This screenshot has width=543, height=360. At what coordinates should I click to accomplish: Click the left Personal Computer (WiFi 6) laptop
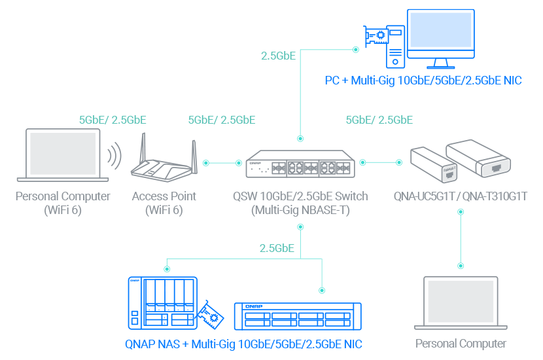(64, 154)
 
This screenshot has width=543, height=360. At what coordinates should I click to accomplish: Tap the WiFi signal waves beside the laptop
(115, 156)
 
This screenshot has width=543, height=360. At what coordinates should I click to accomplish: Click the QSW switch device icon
(299, 164)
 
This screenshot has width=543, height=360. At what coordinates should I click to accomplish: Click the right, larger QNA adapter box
(478, 158)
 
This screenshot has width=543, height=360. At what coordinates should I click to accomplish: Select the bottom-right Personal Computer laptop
(461, 304)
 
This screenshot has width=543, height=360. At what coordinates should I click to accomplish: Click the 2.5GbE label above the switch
(278, 56)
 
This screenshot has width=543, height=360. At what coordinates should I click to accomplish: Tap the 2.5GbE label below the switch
(277, 249)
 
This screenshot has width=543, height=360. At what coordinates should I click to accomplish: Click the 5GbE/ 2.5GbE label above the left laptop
(113, 120)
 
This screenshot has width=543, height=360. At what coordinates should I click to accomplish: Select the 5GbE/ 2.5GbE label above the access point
(221, 120)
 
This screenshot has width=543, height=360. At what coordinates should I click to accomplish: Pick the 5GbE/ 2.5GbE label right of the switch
(379, 120)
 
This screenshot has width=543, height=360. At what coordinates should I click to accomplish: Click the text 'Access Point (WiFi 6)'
(164, 203)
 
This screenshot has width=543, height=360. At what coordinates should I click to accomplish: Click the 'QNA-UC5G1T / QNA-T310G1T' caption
(461, 196)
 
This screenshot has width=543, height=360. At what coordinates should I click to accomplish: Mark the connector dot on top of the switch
(300, 138)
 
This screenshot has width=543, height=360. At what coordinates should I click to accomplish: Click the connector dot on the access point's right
(206, 163)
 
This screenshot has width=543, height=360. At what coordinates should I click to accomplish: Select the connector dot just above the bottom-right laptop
(461, 266)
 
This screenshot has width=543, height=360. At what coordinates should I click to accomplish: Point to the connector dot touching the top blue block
(356, 49)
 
